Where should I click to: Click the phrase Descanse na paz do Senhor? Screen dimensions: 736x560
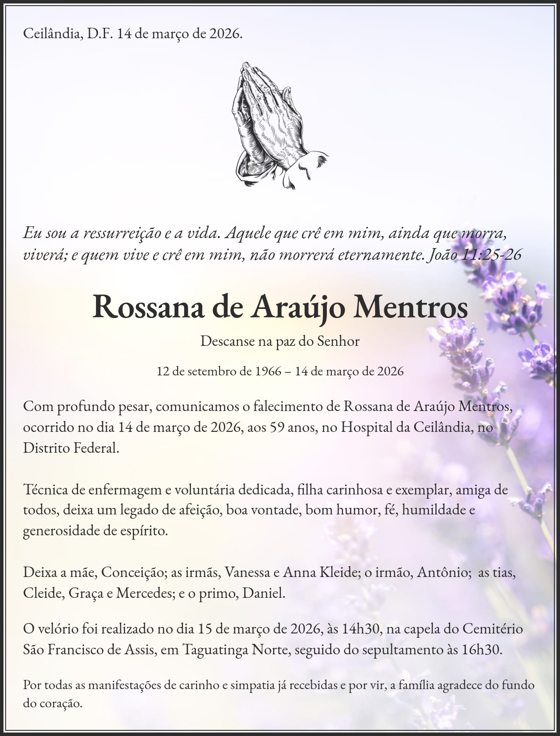[x=280, y=341]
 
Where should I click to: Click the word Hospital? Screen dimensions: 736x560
[x=366, y=427]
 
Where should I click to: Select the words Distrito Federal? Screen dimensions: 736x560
[x=70, y=448]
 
